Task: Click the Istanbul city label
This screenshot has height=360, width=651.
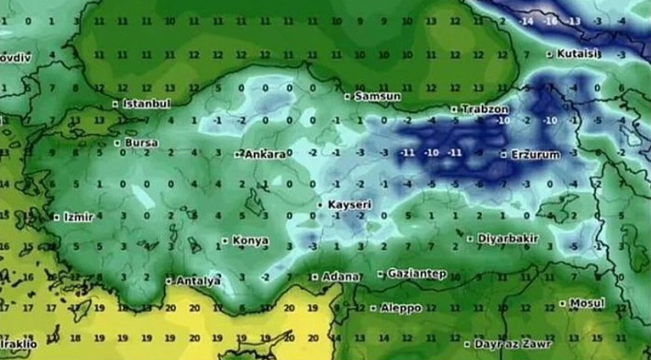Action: pos(147,104)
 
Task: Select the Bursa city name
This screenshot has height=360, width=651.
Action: pos(142,142)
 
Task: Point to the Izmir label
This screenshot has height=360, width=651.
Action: pos(77,217)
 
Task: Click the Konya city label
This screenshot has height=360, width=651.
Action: pos(250,241)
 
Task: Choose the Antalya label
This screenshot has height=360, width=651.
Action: pos(198,281)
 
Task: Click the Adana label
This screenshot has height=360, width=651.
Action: pos(340,277)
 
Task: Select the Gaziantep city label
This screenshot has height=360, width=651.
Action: pos(416,274)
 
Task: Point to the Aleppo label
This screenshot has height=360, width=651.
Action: pos(401,307)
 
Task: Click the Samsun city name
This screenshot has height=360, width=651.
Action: pos(376,97)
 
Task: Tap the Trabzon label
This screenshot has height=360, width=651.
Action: pos(485,110)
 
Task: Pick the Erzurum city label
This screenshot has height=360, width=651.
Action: pos(535,155)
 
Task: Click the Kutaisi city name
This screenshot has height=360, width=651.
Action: pos(578,54)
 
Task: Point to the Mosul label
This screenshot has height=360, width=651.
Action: pos(586,304)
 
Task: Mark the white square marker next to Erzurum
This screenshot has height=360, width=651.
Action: pos(504,155)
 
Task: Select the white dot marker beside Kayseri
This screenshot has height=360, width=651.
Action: pos(320,205)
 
